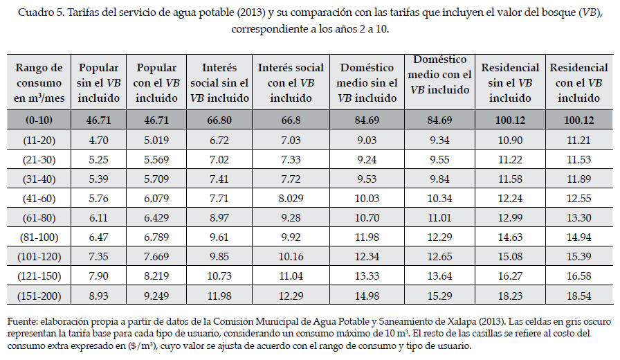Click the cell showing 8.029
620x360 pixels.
291,197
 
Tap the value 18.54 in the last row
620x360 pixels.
579,297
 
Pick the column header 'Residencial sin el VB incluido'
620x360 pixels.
511,83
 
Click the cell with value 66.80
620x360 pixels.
219,120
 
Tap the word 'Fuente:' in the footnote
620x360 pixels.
22,321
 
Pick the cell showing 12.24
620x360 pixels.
511,197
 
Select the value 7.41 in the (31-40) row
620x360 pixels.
219,179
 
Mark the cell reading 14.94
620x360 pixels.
579,237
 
